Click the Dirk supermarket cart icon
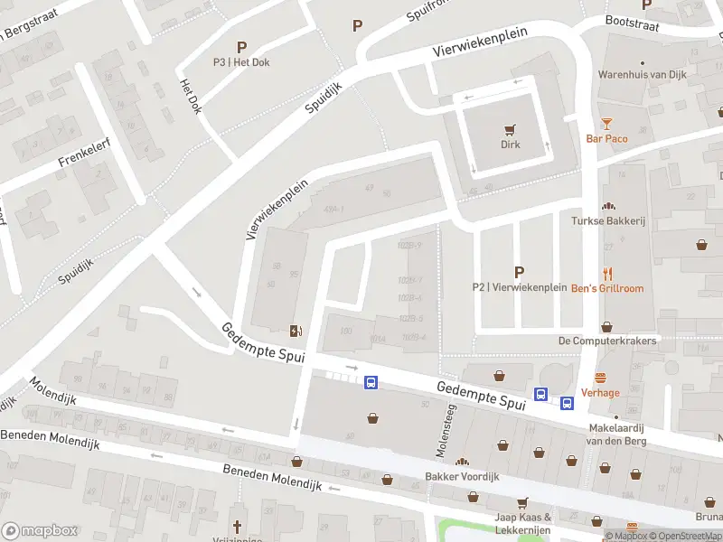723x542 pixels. coord(512,128)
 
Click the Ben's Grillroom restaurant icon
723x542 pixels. coord(607,273)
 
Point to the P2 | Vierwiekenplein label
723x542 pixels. coord(518,287)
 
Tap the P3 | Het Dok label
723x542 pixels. coord(241,62)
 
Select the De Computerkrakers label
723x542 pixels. coord(606,341)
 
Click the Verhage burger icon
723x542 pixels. coord(600,378)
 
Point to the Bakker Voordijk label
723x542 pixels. coord(462,476)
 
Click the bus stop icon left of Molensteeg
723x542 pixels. coord(371,383)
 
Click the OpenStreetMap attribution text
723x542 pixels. coord(692,536)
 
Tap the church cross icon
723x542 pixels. coord(238,527)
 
